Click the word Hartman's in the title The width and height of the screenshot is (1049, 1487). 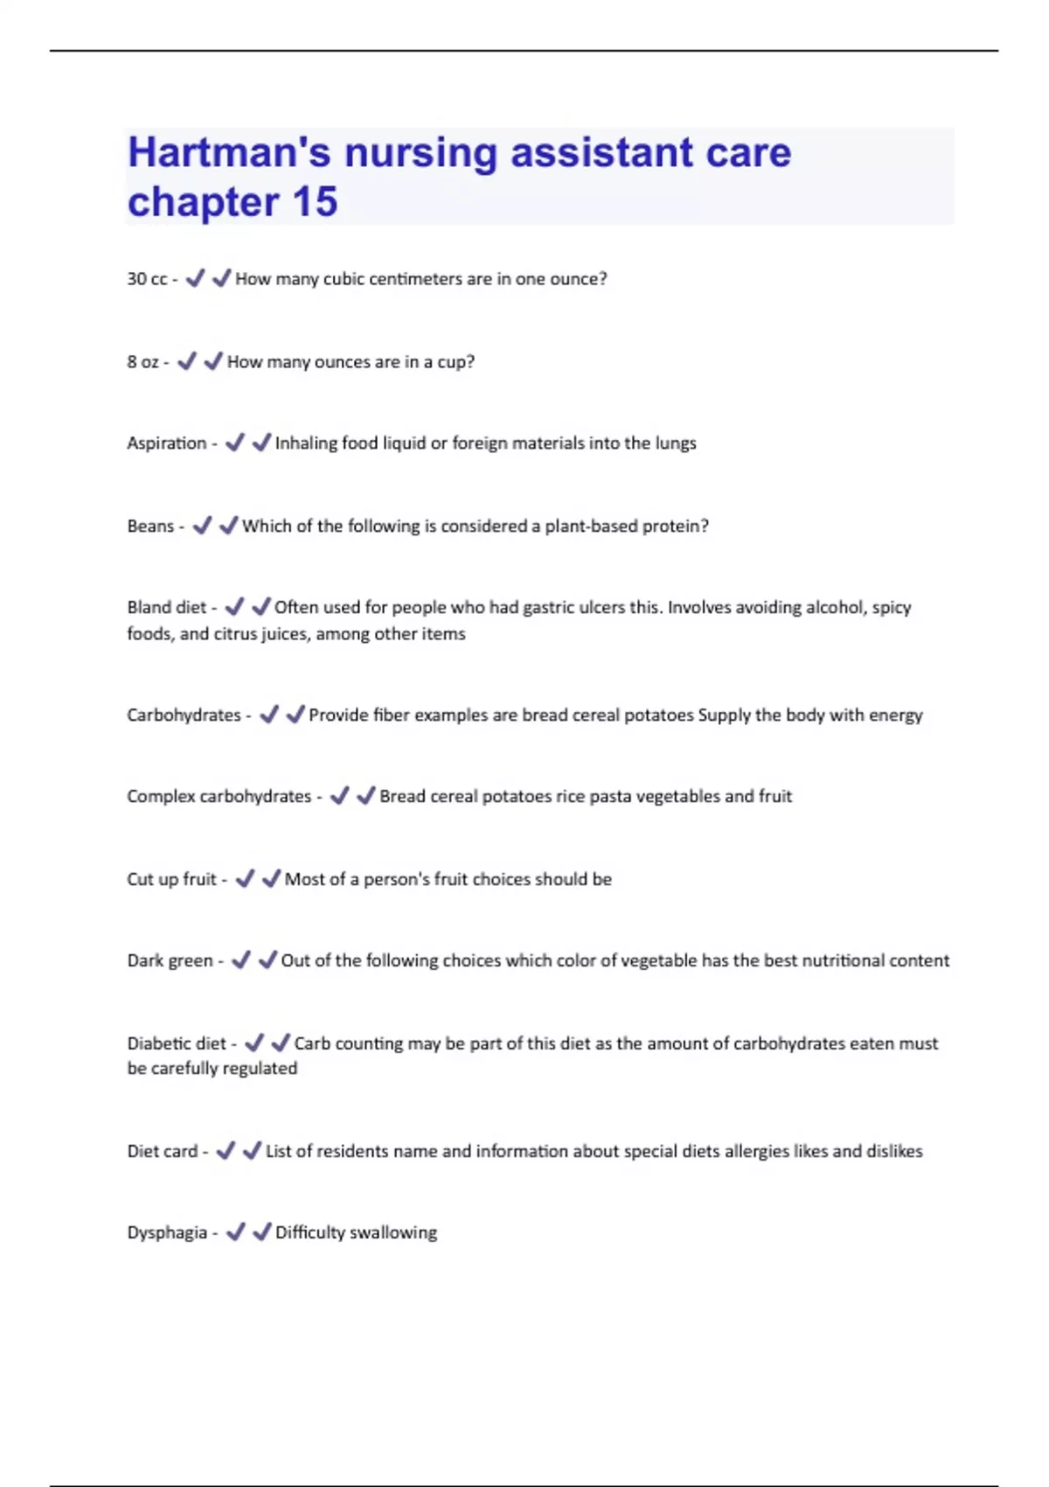pyautogui.click(x=229, y=153)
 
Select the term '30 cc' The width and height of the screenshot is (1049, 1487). pyautogui.click(x=147, y=279)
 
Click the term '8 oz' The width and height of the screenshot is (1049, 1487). pyautogui.click(x=142, y=362)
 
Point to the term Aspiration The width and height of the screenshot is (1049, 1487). pyautogui.click(x=166, y=443)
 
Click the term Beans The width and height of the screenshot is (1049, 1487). pyautogui.click(x=150, y=527)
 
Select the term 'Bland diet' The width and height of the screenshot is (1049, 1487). pyautogui.click(x=166, y=608)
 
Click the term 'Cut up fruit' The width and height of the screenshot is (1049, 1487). pyautogui.click(x=171, y=880)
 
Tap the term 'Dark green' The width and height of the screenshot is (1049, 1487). pyautogui.click(x=170, y=961)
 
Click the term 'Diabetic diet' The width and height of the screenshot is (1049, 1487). pyautogui.click(x=176, y=1044)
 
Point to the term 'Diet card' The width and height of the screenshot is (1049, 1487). pyautogui.click(x=162, y=1152)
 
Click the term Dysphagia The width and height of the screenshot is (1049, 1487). pyautogui.click(x=166, y=1233)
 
